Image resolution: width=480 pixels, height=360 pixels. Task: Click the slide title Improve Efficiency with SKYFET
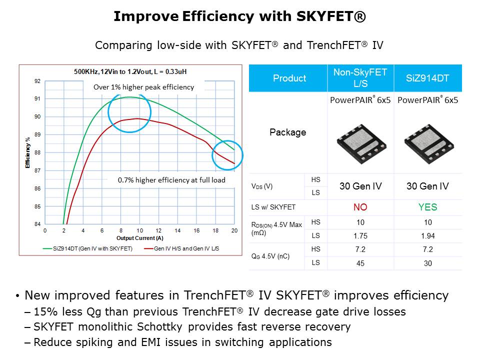point(239,17)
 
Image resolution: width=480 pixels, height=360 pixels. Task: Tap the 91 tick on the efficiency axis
point(37,99)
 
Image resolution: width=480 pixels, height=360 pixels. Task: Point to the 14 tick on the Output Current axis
point(177,231)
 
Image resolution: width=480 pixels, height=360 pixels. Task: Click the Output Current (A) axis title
point(139,238)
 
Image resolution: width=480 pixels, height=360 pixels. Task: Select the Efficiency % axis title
point(28,152)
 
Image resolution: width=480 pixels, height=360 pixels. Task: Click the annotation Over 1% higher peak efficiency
point(143,87)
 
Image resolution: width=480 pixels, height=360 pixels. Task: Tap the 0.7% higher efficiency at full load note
point(171,180)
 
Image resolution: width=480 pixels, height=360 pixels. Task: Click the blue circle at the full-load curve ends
point(227,155)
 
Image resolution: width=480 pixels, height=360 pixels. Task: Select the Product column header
point(289,78)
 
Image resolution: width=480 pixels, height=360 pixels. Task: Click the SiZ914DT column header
point(427,78)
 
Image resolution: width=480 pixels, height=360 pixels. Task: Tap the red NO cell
point(360,207)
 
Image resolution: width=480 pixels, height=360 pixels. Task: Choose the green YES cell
point(427,207)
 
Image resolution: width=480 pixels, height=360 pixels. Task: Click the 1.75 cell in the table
point(360,235)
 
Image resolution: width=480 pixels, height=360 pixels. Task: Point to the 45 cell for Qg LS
point(360,263)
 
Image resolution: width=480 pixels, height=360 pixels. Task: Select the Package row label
point(287,132)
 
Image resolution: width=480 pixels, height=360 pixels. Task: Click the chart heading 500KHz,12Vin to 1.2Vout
point(130,71)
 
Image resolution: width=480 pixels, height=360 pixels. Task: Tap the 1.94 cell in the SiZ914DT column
point(427,235)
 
